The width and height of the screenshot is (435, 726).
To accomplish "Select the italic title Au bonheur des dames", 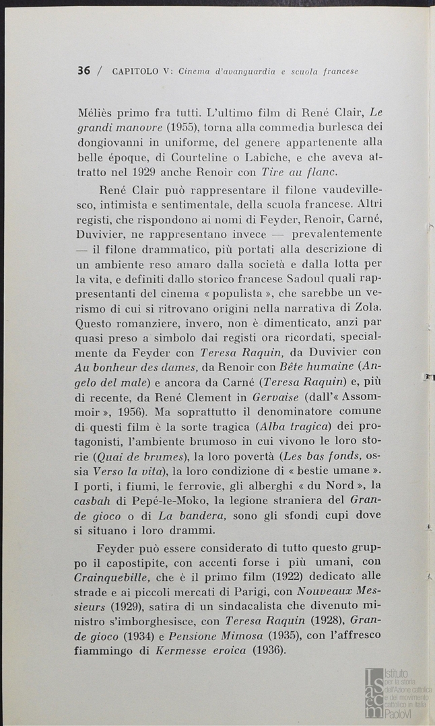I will [x=135, y=366].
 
